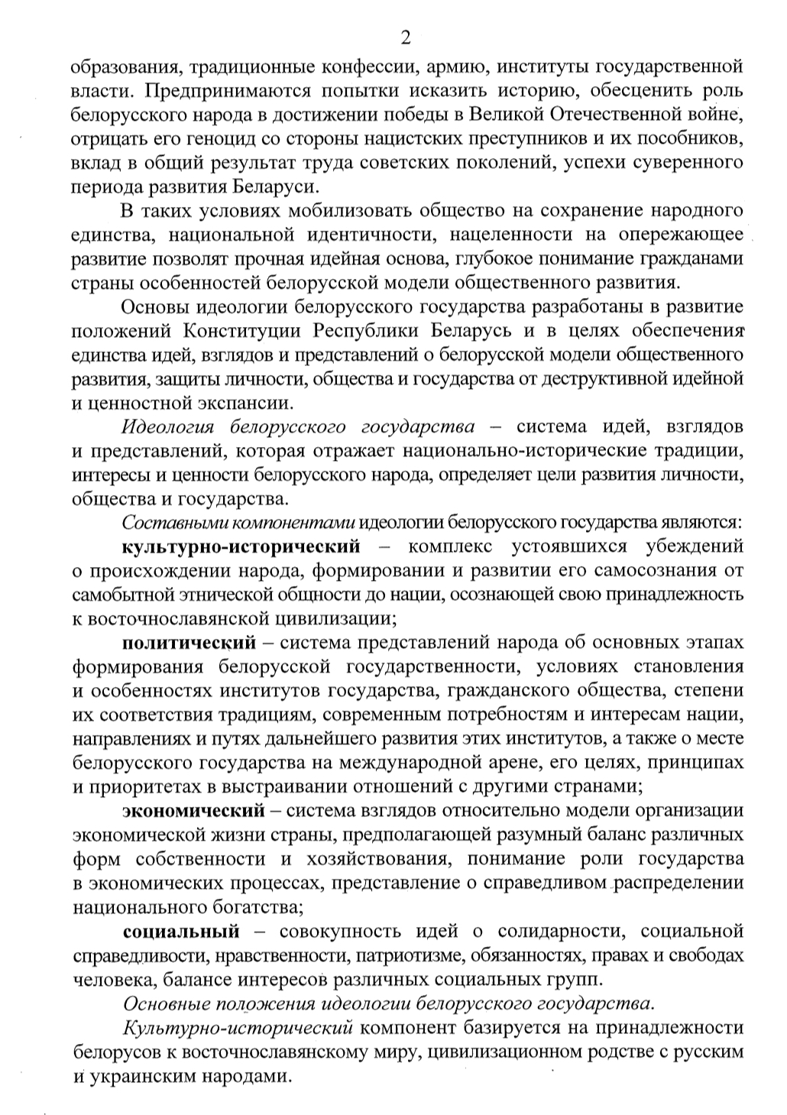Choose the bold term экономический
tap(194, 811)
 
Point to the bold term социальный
tap(181, 932)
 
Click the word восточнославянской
tap(166, 619)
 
